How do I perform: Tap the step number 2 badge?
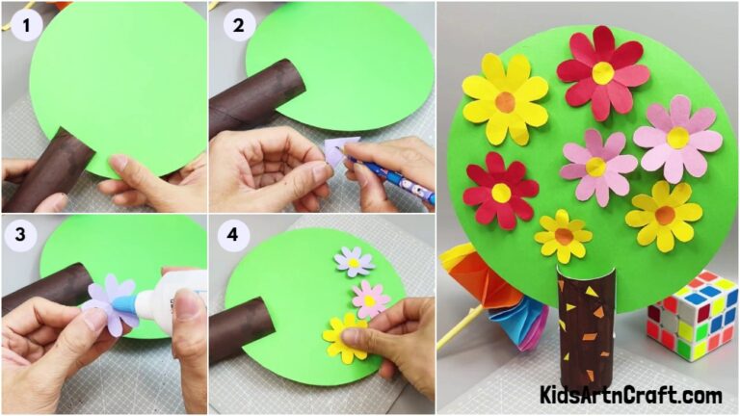click(x=237, y=27)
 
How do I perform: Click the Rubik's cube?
click(x=692, y=315)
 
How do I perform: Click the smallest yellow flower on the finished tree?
click(x=564, y=236)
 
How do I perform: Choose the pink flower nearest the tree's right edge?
click(x=677, y=138)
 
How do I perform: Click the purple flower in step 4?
click(x=353, y=261)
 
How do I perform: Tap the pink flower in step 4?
click(x=370, y=299)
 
